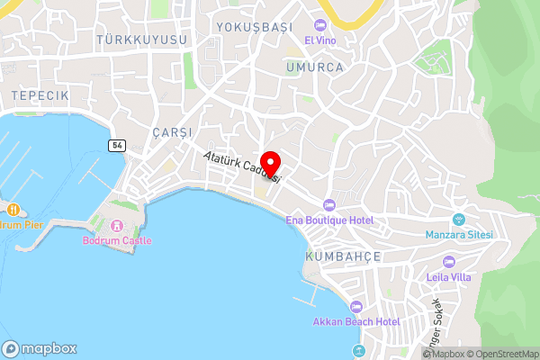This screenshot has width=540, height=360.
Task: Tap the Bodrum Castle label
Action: click(118, 240)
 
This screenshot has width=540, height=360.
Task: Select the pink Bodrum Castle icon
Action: click(116, 225)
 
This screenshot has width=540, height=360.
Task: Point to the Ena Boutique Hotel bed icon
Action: click(328, 206)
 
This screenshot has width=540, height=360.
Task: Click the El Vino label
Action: click(321, 40)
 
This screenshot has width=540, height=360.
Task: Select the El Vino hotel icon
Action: click(321, 25)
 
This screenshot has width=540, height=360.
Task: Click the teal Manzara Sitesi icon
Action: click(458, 220)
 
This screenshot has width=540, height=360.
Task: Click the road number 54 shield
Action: click(117, 145)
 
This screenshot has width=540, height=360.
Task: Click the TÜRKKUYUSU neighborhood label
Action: click(143, 40)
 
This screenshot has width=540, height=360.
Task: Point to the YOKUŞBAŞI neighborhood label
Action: click(255, 27)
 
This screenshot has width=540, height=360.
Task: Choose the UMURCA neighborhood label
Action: click(314, 67)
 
